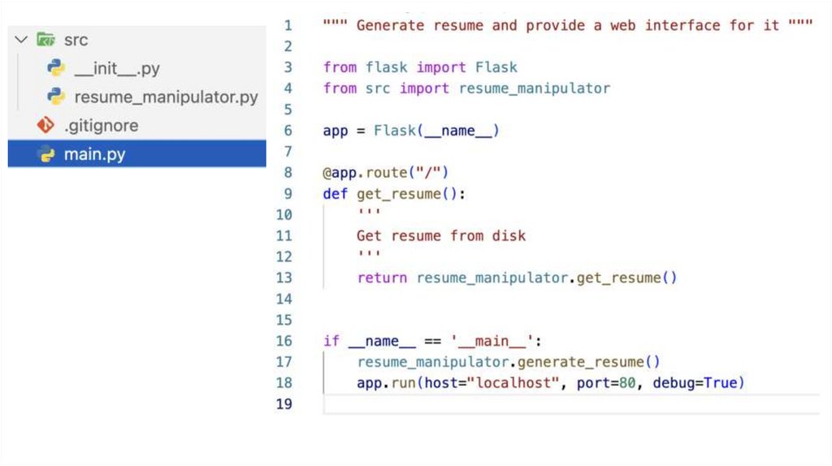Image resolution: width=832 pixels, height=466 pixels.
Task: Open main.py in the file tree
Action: tap(94, 154)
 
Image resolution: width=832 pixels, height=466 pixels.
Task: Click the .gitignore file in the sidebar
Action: tap(101, 126)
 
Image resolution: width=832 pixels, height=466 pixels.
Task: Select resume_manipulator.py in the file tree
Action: tap(166, 97)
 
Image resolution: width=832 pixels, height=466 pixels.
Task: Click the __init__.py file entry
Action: tap(117, 69)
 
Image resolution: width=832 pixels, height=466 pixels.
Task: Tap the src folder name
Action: tap(76, 40)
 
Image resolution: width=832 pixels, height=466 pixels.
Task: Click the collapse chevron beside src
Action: tap(21, 40)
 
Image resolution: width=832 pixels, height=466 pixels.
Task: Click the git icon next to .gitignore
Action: tap(45, 126)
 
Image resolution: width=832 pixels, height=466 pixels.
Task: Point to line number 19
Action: tap(284, 404)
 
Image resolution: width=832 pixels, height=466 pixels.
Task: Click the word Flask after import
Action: tap(496, 67)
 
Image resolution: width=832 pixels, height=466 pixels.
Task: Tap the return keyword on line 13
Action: tap(382, 278)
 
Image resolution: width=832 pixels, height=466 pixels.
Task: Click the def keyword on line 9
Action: tap(336, 193)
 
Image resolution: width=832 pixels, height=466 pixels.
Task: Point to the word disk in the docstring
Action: tap(509, 235)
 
